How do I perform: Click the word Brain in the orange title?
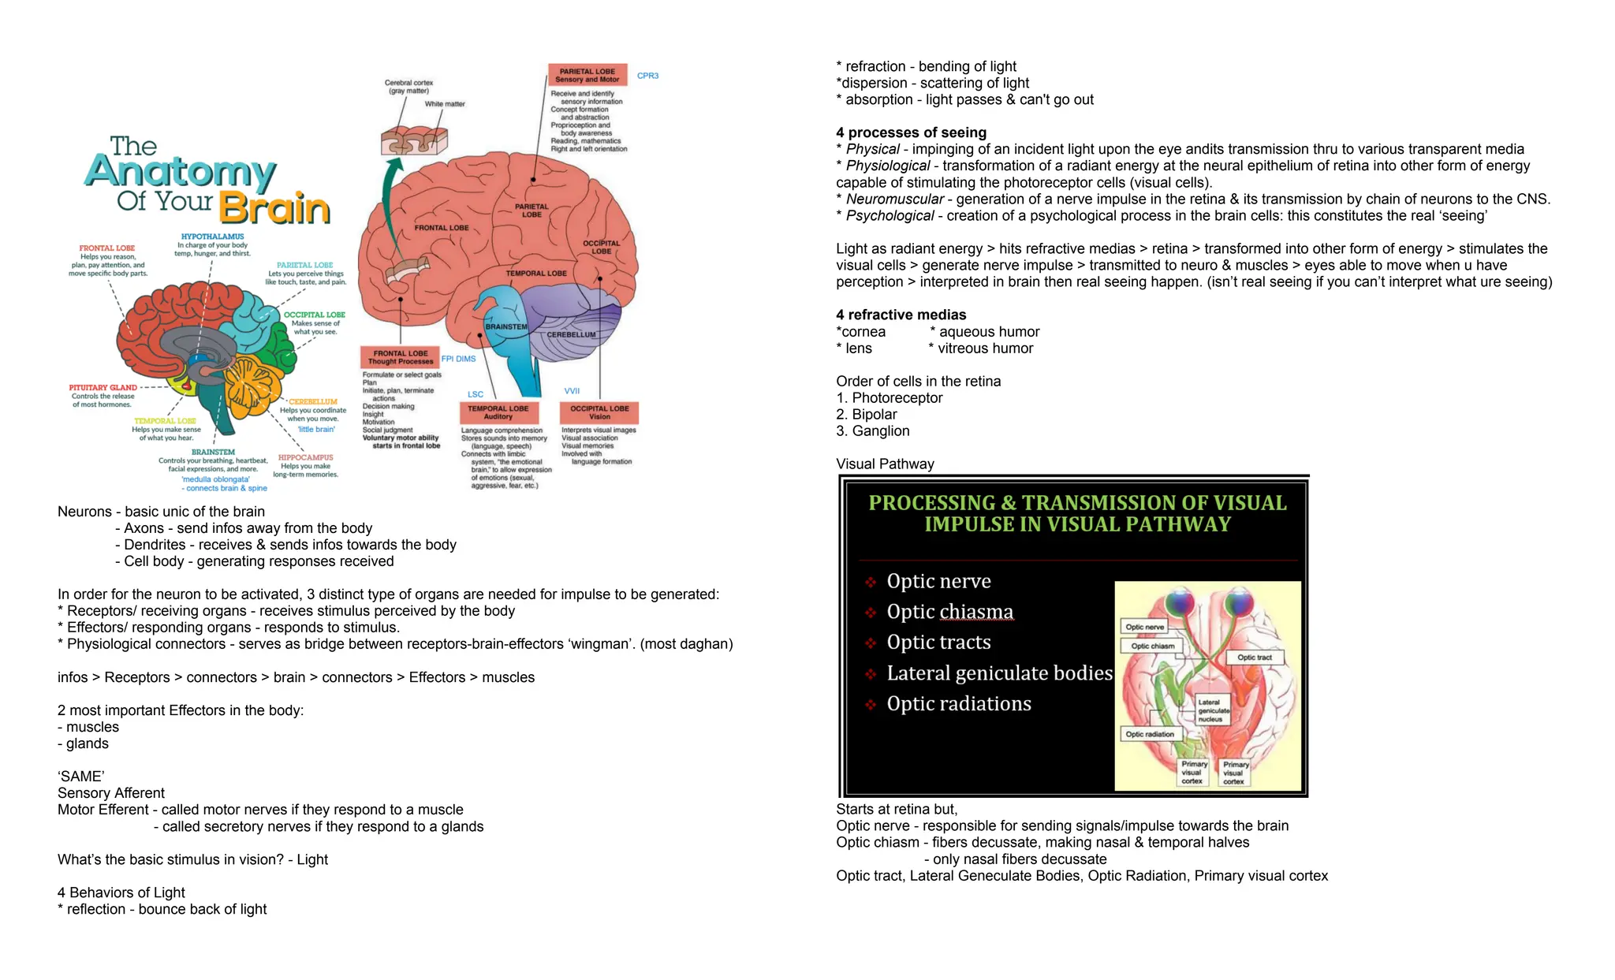(274, 208)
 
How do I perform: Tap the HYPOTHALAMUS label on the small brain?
(212, 237)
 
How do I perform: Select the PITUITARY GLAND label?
(103, 388)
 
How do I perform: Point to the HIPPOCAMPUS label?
(305, 457)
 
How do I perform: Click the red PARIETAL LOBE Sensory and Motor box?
(587, 75)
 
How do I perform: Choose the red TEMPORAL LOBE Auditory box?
(498, 412)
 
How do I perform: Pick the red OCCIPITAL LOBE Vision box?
(599, 412)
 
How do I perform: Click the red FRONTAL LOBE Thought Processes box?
(400, 357)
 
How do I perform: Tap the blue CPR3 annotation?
(647, 76)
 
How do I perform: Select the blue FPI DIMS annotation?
(458, 359)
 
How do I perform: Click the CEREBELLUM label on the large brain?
(571, 334)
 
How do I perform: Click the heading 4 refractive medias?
(901, 315)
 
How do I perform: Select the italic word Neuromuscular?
(894, 199)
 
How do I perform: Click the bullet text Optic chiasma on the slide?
(949, 612)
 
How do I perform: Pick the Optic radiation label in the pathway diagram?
(1149, 734)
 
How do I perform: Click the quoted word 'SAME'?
(80, 777)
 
